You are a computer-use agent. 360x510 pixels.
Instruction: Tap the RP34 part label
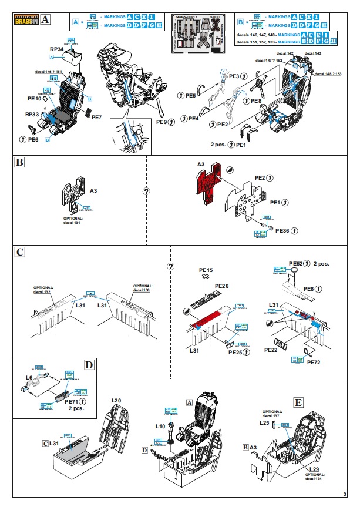(57, 49)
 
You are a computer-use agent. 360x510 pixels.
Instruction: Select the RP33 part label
(32, 115)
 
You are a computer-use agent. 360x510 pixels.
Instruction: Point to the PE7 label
(97, 118)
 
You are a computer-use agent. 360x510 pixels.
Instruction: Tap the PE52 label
(298, 263)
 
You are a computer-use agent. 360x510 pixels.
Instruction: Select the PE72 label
(314, 362)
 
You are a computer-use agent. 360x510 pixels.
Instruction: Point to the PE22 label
(271, 350)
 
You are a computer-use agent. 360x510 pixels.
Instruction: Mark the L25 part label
(264, 422)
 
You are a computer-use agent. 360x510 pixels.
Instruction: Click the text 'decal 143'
(313, 53)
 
